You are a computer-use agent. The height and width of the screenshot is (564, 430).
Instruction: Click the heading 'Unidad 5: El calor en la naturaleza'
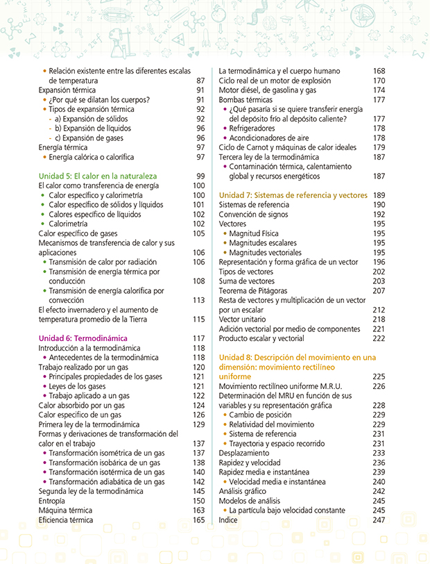(x=98, y=176)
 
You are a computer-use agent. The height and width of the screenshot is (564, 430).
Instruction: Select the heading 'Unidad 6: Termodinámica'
(x=83, y=338)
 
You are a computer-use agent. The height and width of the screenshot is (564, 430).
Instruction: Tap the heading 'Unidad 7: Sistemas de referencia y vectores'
(x=293, y=195)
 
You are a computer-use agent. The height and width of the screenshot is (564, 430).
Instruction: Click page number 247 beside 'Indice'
(x=378, y=520)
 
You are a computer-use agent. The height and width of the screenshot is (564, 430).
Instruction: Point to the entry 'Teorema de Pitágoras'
(x=253, y=290)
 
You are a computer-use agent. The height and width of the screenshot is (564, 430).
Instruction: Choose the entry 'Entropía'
(x=53, y=501)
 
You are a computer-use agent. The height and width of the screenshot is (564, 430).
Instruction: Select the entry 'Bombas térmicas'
(x=243, y=99)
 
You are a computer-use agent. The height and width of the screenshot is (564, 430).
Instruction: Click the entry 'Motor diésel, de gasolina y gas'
(x=268, y=90)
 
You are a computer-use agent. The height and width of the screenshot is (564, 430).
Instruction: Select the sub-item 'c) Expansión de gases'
(x=88, y=138)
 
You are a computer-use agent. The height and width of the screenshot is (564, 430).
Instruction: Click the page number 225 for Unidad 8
(x=378, y=376)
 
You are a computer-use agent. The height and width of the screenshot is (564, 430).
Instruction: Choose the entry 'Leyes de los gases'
(x=77, y=386)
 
